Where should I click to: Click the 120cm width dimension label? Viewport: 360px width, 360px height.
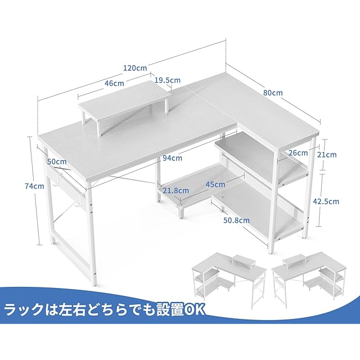135,68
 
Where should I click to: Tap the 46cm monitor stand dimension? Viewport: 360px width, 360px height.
114,83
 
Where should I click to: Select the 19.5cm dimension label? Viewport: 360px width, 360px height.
163,80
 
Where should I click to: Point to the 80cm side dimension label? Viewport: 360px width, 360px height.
272,92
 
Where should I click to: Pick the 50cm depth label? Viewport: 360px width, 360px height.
57,162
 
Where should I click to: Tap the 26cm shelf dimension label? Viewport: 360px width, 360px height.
298,152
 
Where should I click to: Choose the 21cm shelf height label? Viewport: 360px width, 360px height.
328,154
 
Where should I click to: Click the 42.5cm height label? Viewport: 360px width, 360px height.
326,201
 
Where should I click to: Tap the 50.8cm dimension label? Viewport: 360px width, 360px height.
236,220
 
